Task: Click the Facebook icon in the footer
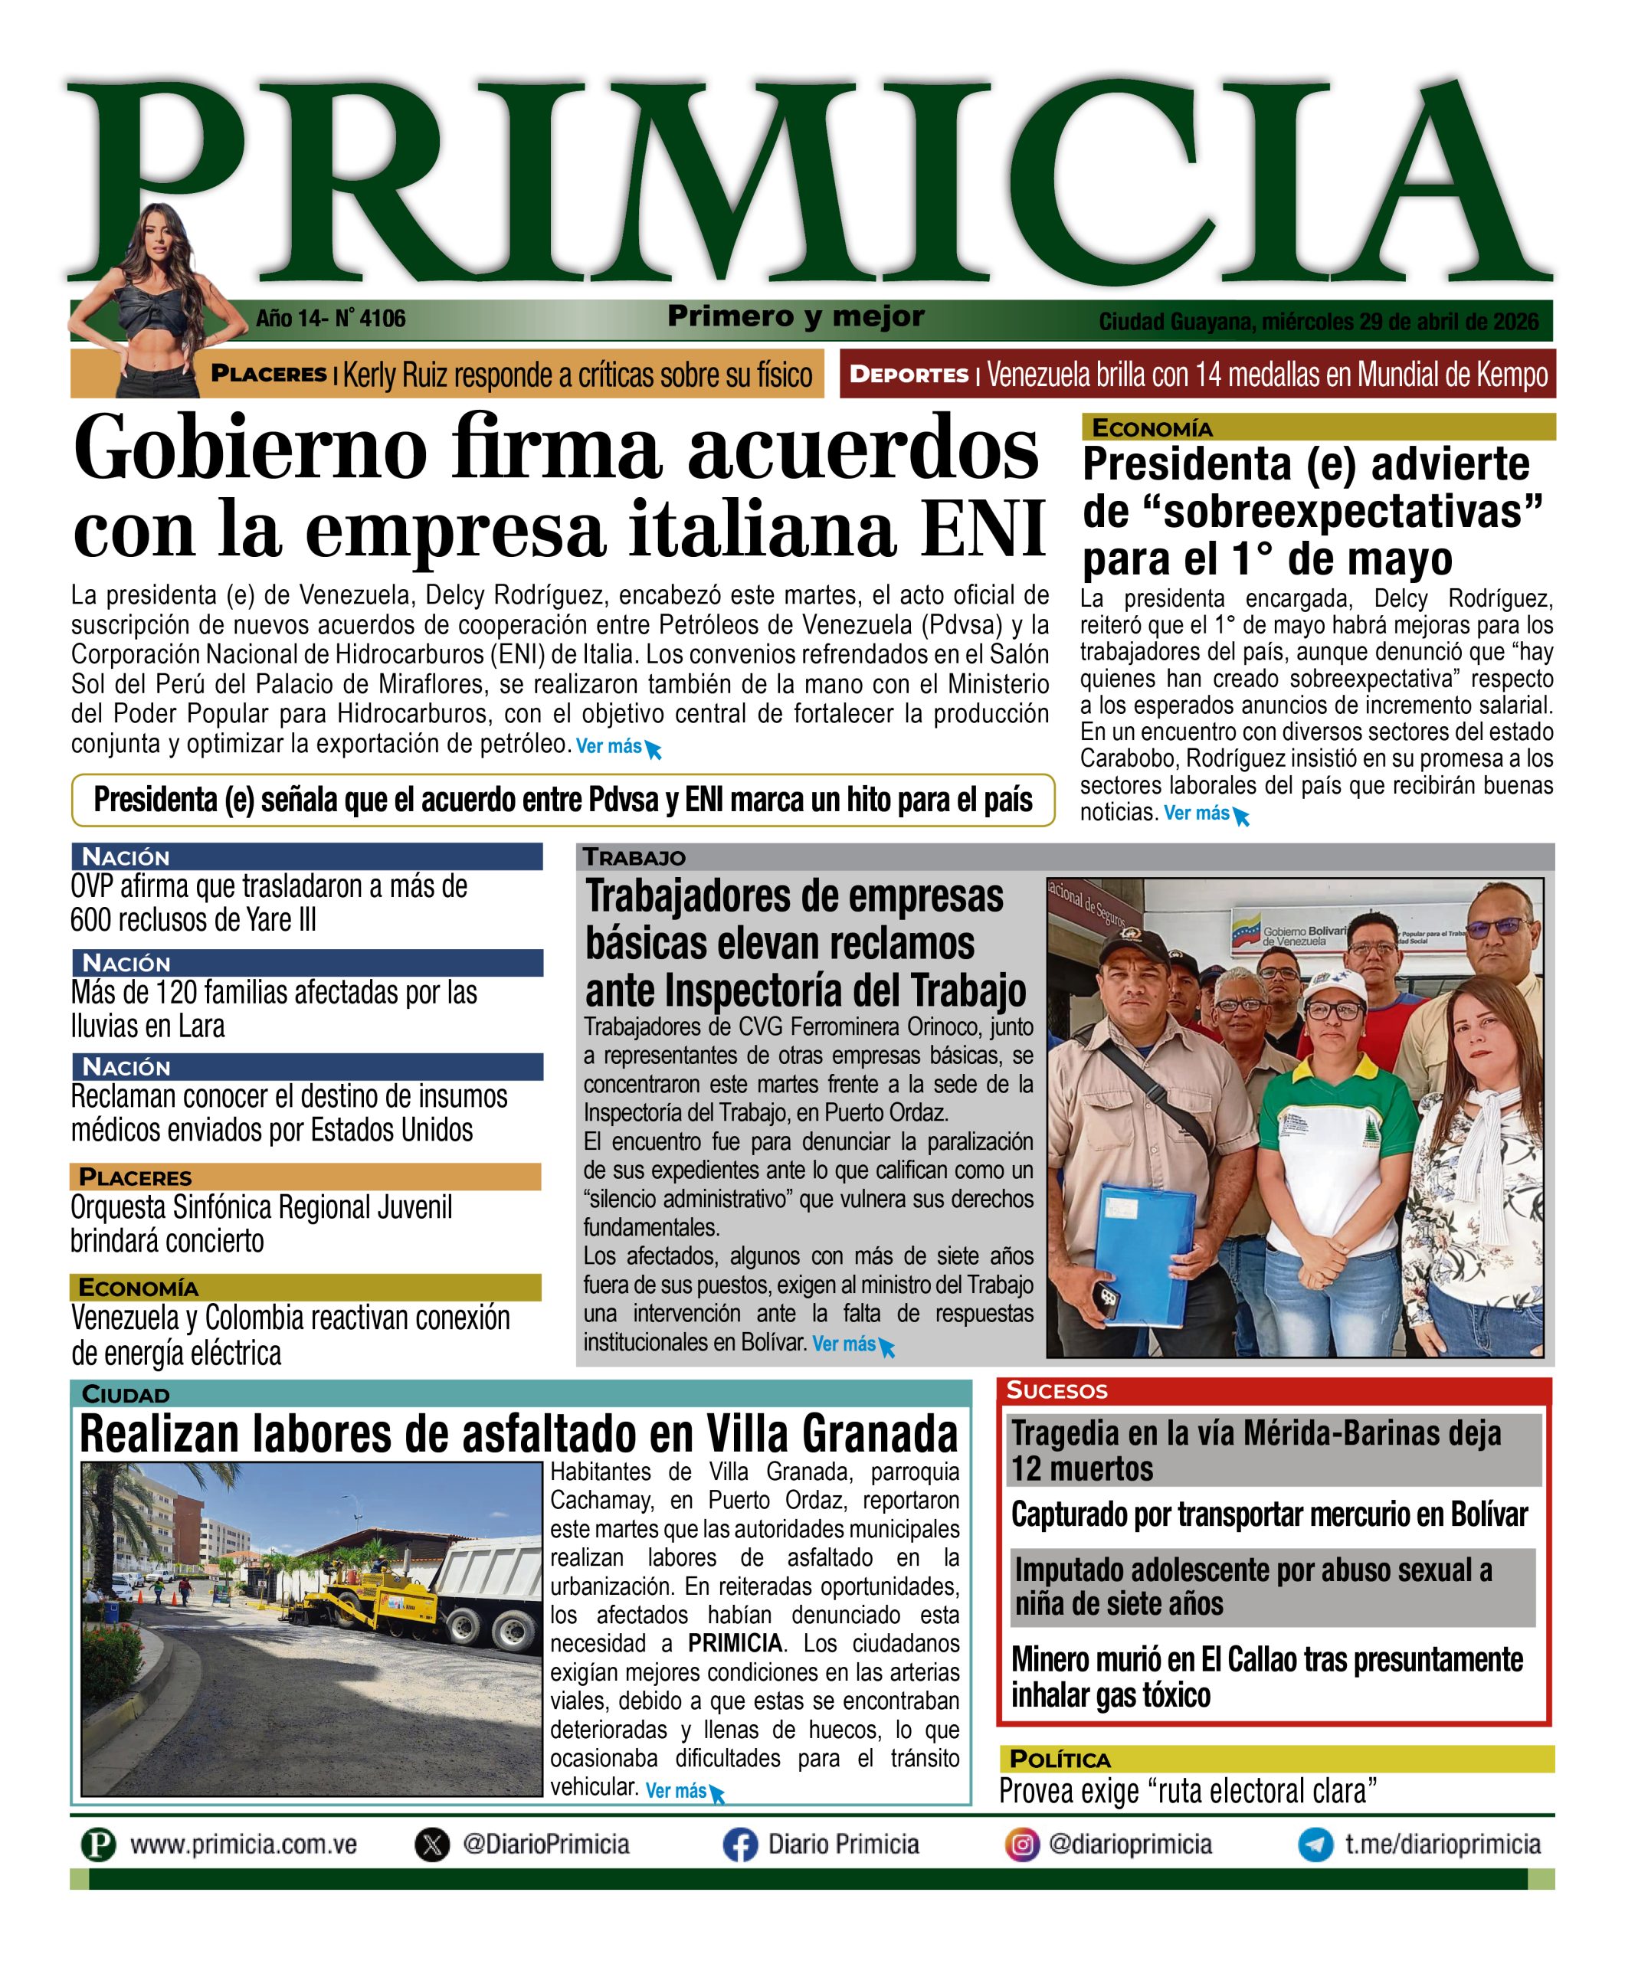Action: pos(739,1845)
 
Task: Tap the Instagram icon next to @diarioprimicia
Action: pos(1022,1845)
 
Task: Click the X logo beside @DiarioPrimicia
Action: pos(431,1845)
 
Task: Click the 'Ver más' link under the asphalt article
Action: pos(677,1791)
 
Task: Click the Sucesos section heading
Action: pos(1057,1390)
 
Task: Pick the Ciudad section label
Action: pos(126,1395)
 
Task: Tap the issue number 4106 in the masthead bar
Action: pos(382,319)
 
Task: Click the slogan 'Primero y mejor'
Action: pos(796,316)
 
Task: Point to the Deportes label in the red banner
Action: pos(909,375)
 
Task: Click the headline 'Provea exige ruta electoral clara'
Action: pos(1188,1791)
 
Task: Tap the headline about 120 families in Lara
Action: pos(274,1009)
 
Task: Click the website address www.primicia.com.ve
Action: pos(243,1845)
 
